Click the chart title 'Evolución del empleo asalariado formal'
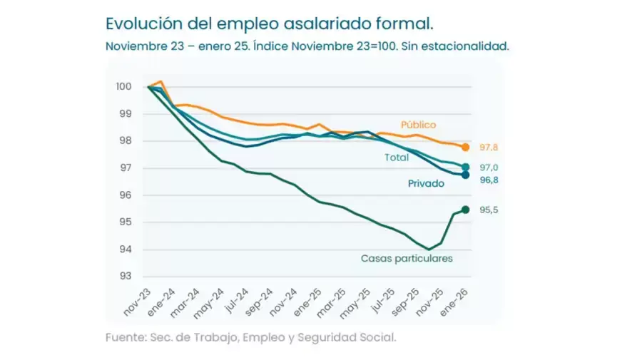pyautogui.click(x=269, y=23)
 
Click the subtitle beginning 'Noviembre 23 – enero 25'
pyautogui.click(x=307, y=46)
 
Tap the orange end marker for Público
pyautogui.click(x=466, y=148)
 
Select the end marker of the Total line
pyautogui.click(x=466, y=168)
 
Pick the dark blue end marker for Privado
pyautogui.click(x=466, y=175)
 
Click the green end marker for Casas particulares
pyautogui.click(x=466, y=210)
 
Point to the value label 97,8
pyautogui.click(x=489, y=148)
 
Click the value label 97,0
pyautogui.click(x=489, y=168)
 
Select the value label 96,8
pyautogui.click(x=489, y=180)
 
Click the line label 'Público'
pyautogui.click(x=418, y=125)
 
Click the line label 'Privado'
pyautogui.click(x=426, y=183)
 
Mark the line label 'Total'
pyautogui.click(x=397, y=157)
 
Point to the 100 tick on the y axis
pyautogui.click(x=124, y=87)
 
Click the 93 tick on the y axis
pyautogui.click(x=126, y=277)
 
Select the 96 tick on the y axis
pyautogui.click(x=126, y=195)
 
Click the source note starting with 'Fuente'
pyautogui.click(x=250, y=337)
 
